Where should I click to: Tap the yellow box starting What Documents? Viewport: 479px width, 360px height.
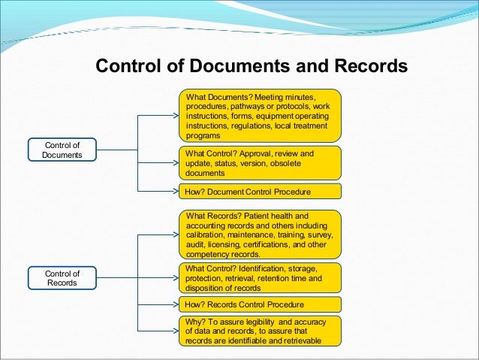click(260, 115)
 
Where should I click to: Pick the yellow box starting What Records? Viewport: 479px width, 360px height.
click(260, 234)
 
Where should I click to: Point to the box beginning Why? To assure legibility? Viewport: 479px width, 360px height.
click(260, 331)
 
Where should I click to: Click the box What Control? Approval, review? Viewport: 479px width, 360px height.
click(260, 162)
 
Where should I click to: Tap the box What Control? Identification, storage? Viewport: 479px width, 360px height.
click(260, 278)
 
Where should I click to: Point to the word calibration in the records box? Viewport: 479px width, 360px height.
click(206, 234)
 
